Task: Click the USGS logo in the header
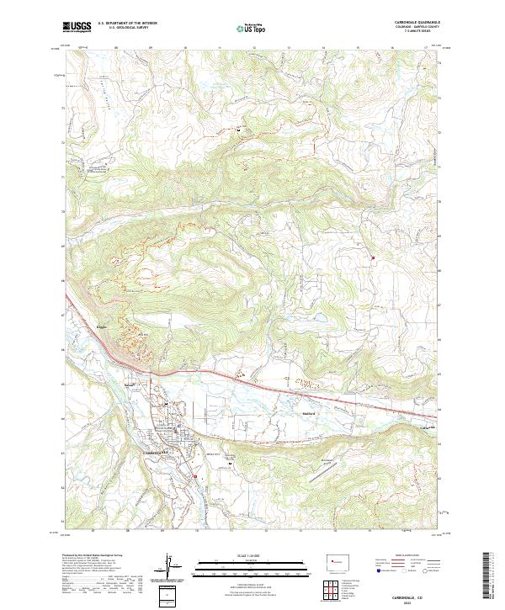[x=77, y=27]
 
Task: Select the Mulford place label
[x=308, y=413]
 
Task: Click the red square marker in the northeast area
[x=373, y=257]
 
